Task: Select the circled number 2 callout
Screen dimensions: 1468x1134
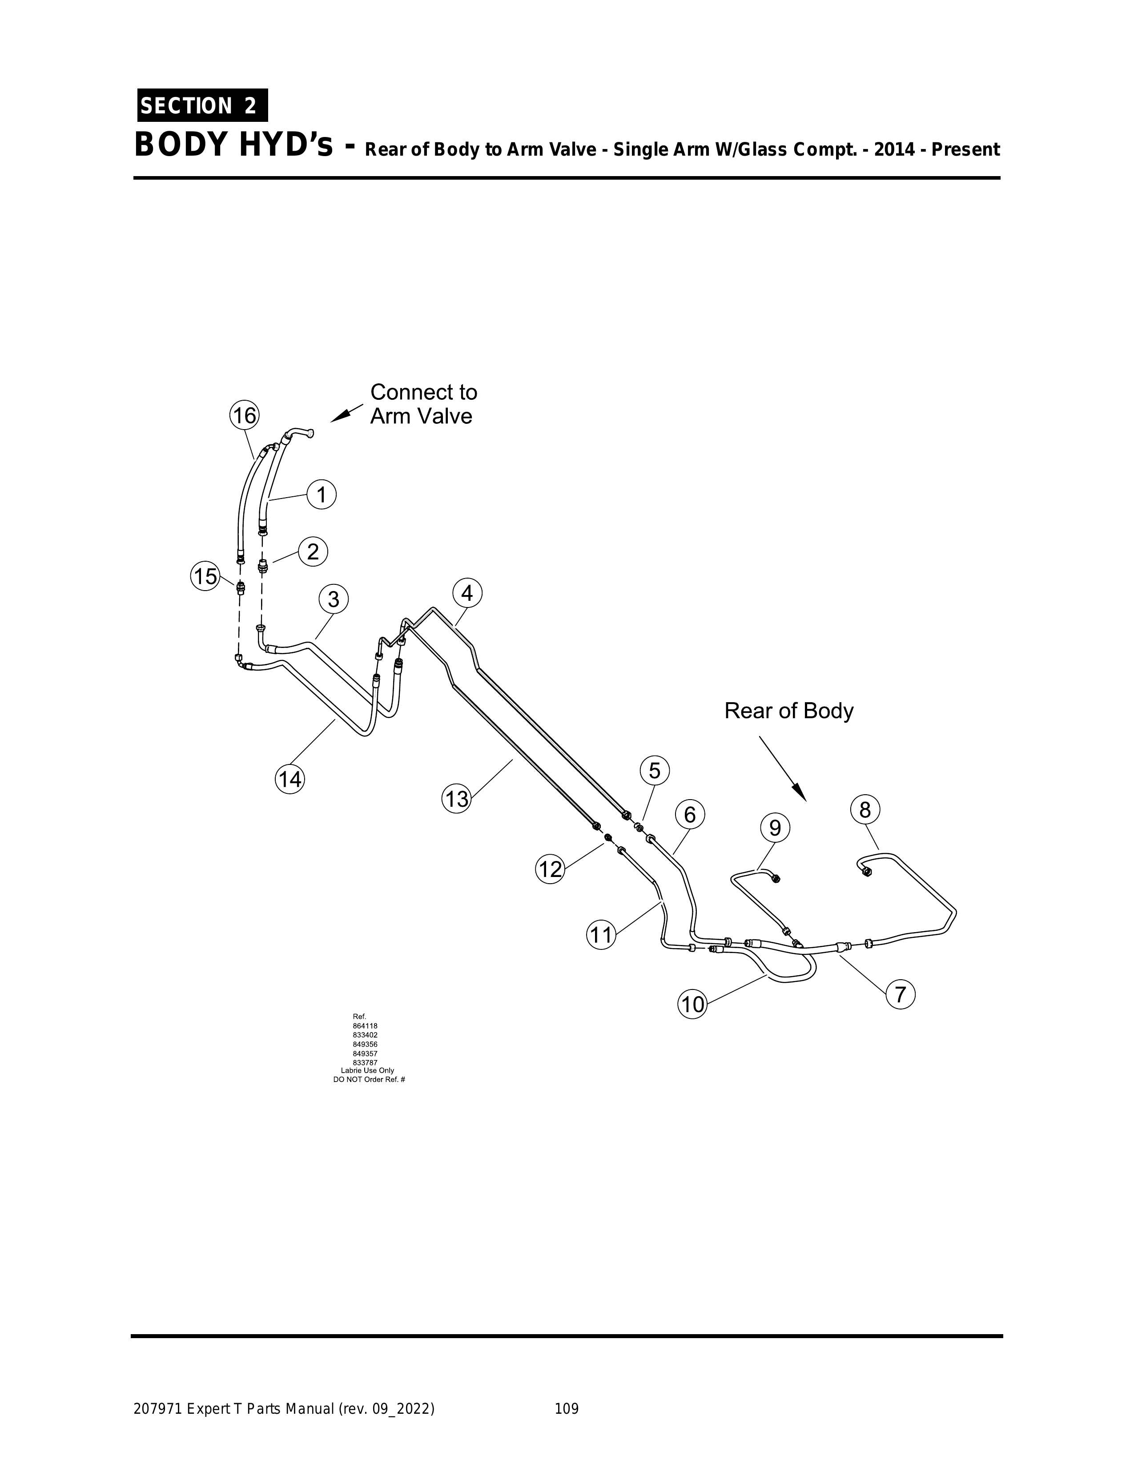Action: click(313, 552)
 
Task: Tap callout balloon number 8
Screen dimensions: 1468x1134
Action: click(865, 811)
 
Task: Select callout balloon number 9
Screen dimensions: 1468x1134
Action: click(775, 828)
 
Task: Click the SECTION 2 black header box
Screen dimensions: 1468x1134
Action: click(200, 105)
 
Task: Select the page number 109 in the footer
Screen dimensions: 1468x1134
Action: click(566, 1404)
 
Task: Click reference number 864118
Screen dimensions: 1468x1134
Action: click(365, 1026)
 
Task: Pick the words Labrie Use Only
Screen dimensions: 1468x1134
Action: click(368, 1070)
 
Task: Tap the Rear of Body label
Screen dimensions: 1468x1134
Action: click(788, 711)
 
